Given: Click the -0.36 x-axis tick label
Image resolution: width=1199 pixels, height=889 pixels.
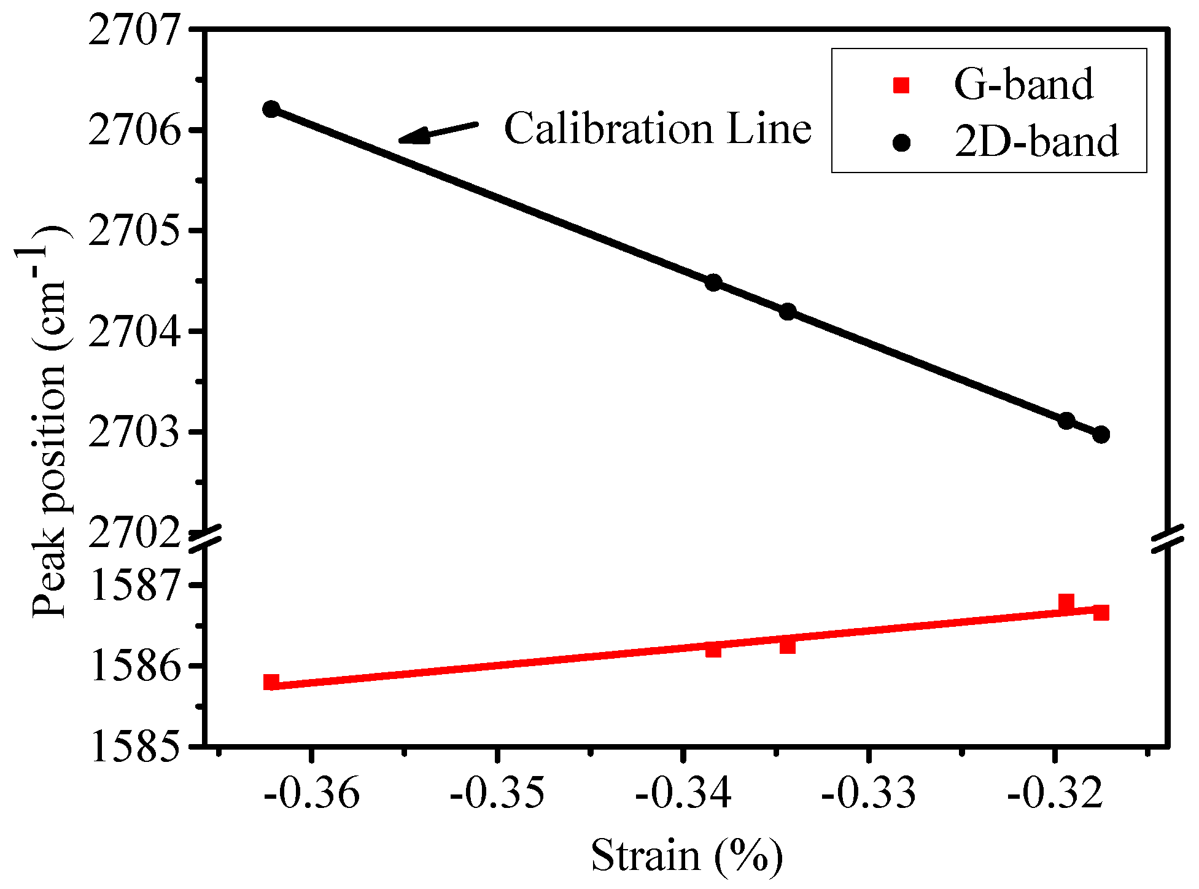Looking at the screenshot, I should pos(312,793).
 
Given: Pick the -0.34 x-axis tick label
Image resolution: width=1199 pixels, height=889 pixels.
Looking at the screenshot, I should pos(683,793).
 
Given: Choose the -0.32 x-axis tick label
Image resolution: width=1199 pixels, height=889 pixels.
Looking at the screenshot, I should pos(1054,793).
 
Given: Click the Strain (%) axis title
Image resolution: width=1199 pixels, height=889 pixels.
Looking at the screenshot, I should pos(686,855).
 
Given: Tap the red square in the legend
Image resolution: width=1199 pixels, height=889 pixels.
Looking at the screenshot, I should pos(901,85).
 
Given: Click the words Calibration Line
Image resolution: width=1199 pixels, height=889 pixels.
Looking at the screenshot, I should pos(658,129).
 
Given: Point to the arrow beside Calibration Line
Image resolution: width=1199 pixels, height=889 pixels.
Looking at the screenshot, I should pos(437,132).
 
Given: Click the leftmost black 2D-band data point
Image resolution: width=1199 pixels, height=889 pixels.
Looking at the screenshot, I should pos(271,109).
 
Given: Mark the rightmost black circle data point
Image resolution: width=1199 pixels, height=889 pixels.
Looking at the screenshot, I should pos(1101,435).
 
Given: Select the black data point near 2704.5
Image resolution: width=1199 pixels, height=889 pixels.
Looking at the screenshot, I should pos(713,282).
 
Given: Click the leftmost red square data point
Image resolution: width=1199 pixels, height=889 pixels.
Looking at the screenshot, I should pos(271,682).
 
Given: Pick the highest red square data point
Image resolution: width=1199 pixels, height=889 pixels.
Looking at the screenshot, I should pos(1066,602).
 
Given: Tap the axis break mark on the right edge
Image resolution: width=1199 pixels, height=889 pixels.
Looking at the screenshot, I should pos(1167,538).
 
